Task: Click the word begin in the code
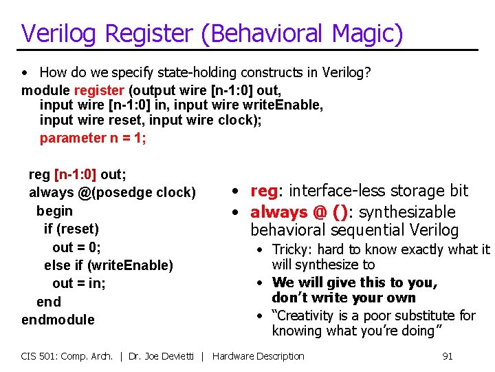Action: click(54, 211)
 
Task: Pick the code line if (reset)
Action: click(71, 229)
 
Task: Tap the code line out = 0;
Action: click(76, 247)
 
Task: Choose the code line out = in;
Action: click(79, 283)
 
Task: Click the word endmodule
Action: click(58, 320)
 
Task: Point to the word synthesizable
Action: click(408, 211)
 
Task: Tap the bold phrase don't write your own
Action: click(344, 298)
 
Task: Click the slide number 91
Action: click(447, 356)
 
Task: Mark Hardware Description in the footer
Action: click(258, 356)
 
